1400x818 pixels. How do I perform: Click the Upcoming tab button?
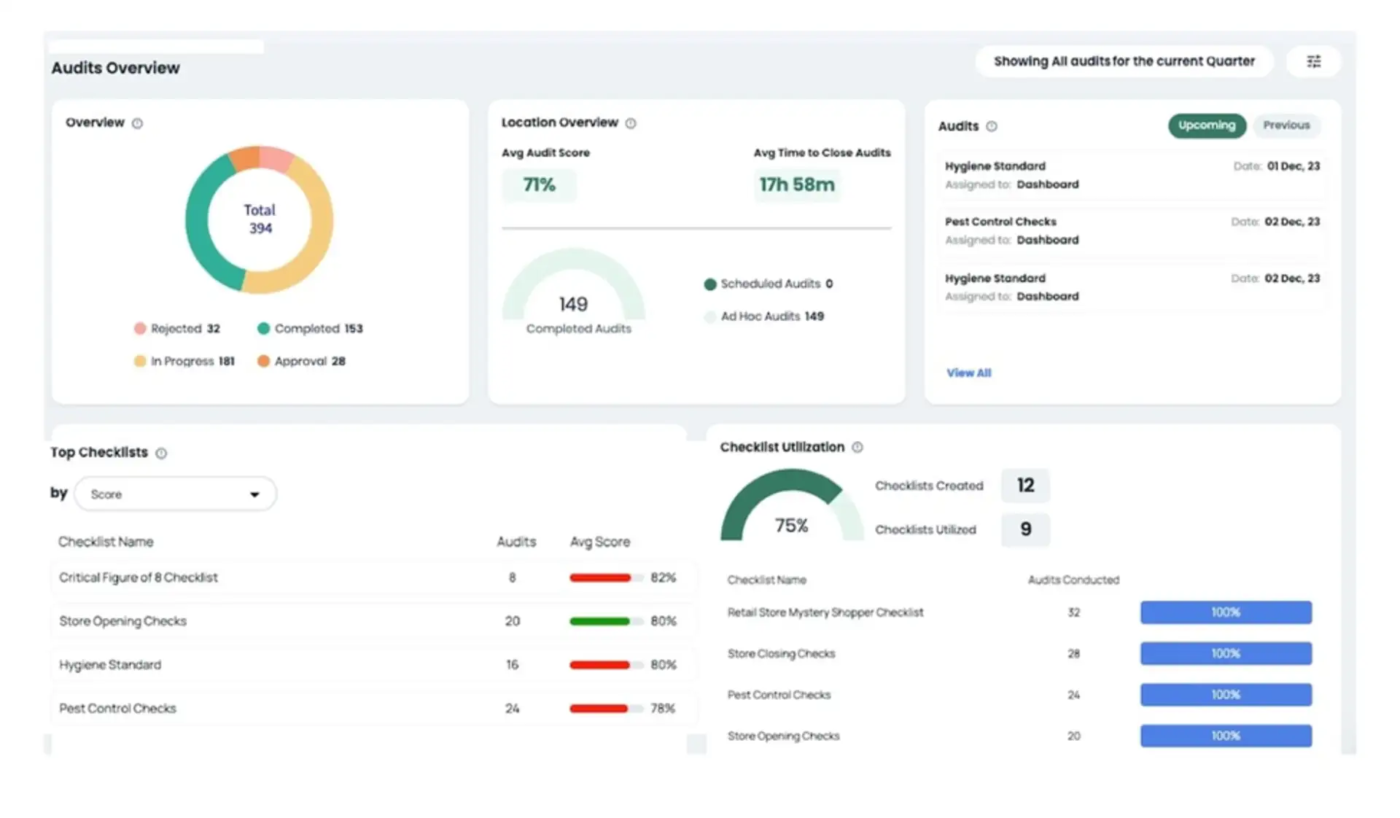click(x=1206, y=125)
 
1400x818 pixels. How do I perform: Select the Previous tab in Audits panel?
click(x=1286, y=125)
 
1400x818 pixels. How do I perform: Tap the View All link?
click(x=968, y=373)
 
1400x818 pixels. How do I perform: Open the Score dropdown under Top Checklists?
click(x=175, y=494)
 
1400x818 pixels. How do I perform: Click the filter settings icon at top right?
click(x=1313, y=61)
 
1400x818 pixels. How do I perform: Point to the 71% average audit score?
click(x=539, y=185)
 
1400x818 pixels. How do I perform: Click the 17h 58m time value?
click(x=796, y=185)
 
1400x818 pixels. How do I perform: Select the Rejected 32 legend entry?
click(x=177, y=329)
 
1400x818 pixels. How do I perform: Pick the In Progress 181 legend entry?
click(x=184, y=361)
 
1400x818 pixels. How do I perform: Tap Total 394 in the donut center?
click(x=260, y=219)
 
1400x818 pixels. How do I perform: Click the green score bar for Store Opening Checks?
click(x=599, y=621)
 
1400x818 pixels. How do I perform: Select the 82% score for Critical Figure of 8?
click(x=663, y=577)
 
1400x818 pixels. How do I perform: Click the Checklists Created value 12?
click(x=1024, y=486)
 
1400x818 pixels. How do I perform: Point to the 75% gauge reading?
click(x=791, y=526)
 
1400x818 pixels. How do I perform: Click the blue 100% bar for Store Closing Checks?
click(x=1225, y=653)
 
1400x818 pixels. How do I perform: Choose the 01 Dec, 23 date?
click(x=1292, y=166)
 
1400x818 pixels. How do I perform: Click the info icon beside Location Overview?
click(x=631, y=123)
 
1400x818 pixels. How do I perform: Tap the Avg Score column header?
click(x=599, y=542)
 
